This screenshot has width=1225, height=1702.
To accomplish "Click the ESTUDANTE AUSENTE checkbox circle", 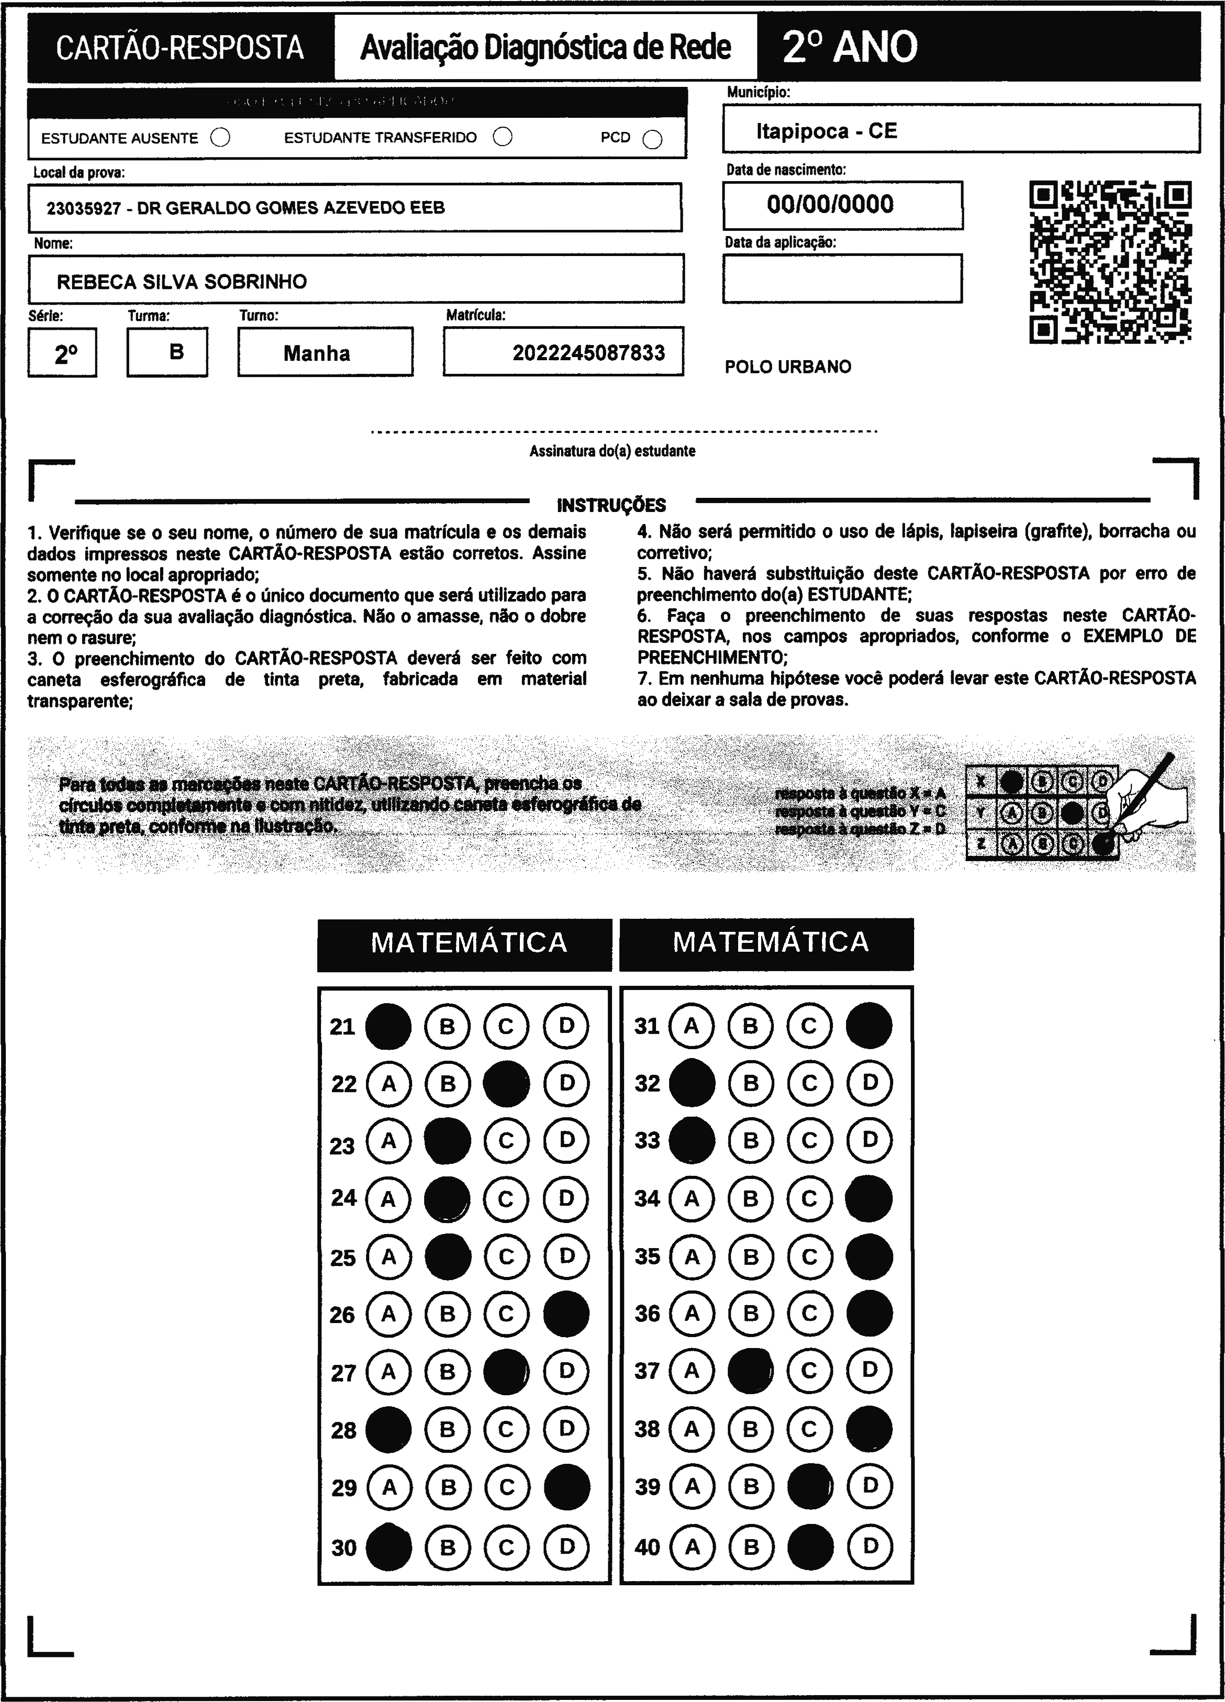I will [x=221, y=138].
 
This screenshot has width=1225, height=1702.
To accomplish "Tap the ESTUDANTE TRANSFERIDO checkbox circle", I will [x=503, y=137].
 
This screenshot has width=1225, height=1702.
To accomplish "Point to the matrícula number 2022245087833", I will [x=588, y=353].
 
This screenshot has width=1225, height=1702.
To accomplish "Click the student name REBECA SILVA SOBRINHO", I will [x=182, y=282].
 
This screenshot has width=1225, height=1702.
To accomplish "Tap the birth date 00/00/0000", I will [x=830, y=204].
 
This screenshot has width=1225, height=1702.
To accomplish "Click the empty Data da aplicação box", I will [x=842, y=279].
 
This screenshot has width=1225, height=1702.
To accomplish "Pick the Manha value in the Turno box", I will [x=317, y=353].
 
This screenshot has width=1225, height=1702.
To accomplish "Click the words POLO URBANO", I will [x=788, y=367].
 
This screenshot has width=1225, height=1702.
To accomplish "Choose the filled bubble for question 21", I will [x=388, y=1026].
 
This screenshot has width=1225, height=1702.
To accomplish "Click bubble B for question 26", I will [x=448, y=1314].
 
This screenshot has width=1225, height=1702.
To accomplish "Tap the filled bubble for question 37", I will [x=751, y=1372].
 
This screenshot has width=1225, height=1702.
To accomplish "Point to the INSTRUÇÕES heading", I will [x=611, y=505].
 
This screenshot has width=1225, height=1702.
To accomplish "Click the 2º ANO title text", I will [x=850, y=47].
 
